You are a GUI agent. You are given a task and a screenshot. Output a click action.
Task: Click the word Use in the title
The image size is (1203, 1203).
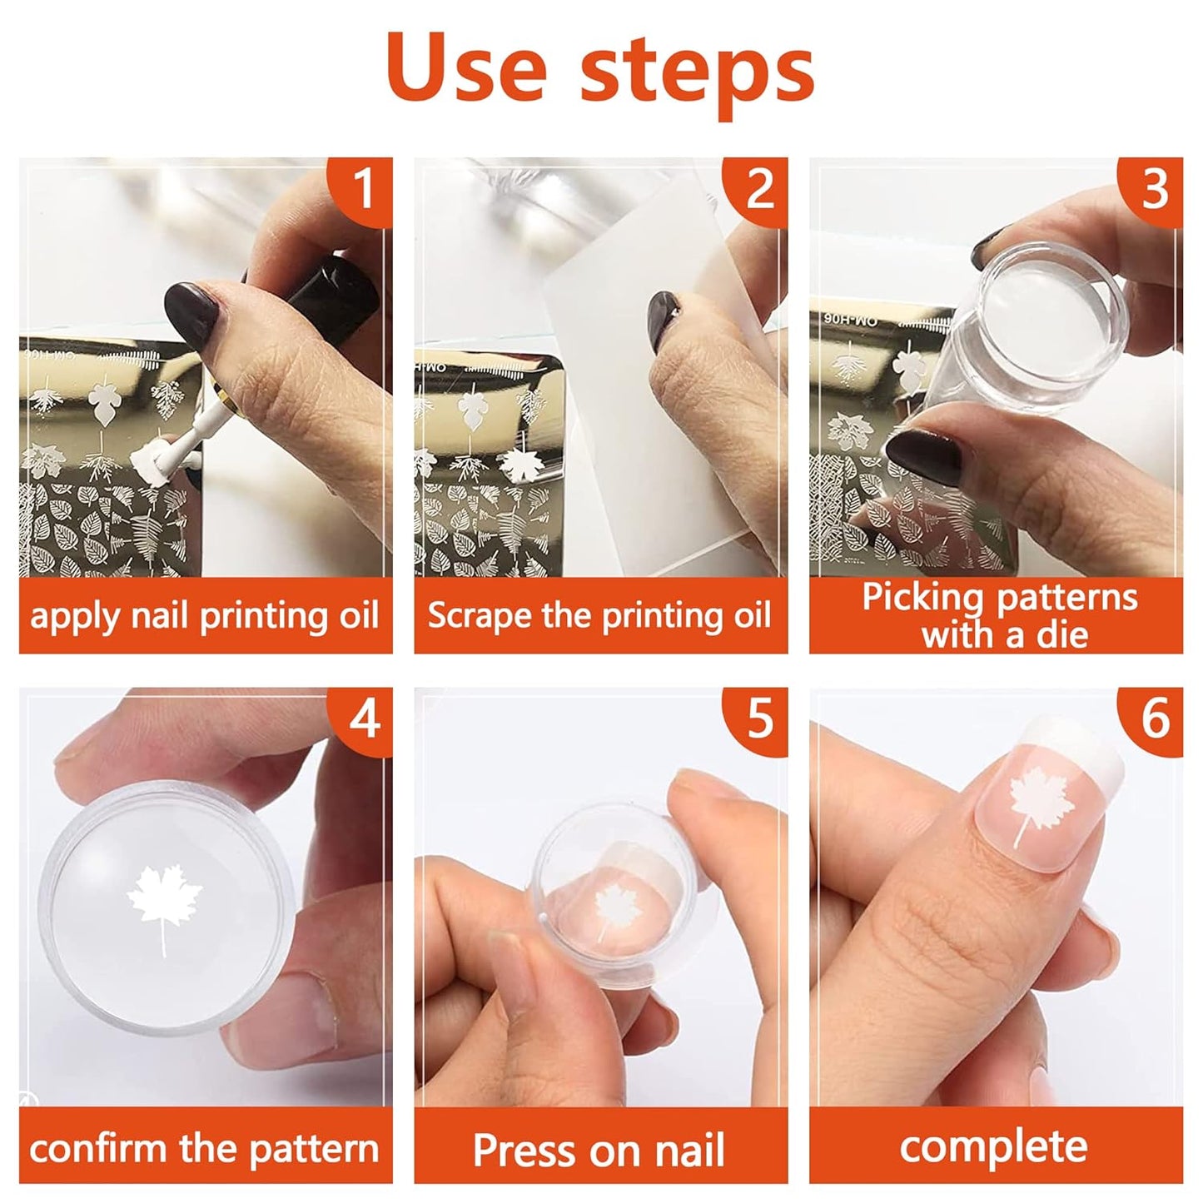point(466,68)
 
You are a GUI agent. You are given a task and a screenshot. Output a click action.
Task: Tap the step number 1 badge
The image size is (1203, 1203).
point(363,190)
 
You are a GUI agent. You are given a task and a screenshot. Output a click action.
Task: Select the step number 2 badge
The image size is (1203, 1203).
point(758,190)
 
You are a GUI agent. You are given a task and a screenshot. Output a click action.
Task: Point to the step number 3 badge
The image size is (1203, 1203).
point(1154,190)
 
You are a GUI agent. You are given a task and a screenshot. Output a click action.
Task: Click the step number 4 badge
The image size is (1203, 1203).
point(363,718)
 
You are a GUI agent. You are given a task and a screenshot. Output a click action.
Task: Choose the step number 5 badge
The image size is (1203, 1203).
point(758,718)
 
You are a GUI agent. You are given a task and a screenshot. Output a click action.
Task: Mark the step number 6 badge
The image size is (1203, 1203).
point(1154,718)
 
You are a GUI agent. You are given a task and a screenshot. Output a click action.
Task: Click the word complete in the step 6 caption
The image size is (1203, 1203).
point(993,1147)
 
